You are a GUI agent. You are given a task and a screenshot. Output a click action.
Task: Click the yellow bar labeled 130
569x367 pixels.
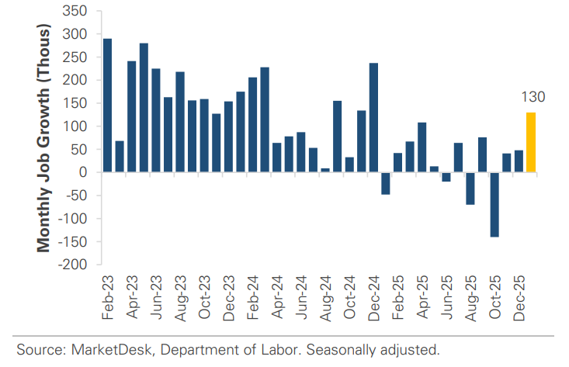(x=530, y=142)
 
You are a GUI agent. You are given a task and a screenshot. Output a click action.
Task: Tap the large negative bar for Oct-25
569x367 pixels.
(x=494, y=204)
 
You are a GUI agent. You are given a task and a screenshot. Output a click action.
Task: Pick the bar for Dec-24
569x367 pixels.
(x=373, y=117)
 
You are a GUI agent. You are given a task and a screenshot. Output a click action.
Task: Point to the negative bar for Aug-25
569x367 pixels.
(x=470, y=188)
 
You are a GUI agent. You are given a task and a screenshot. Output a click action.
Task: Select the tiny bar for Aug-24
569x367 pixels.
(x=324, y=170)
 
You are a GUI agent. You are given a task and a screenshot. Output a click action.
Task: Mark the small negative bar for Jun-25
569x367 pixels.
(x=446, y=176)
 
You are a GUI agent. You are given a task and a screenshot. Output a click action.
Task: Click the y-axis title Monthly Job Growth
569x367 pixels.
(x=44, y=138)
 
